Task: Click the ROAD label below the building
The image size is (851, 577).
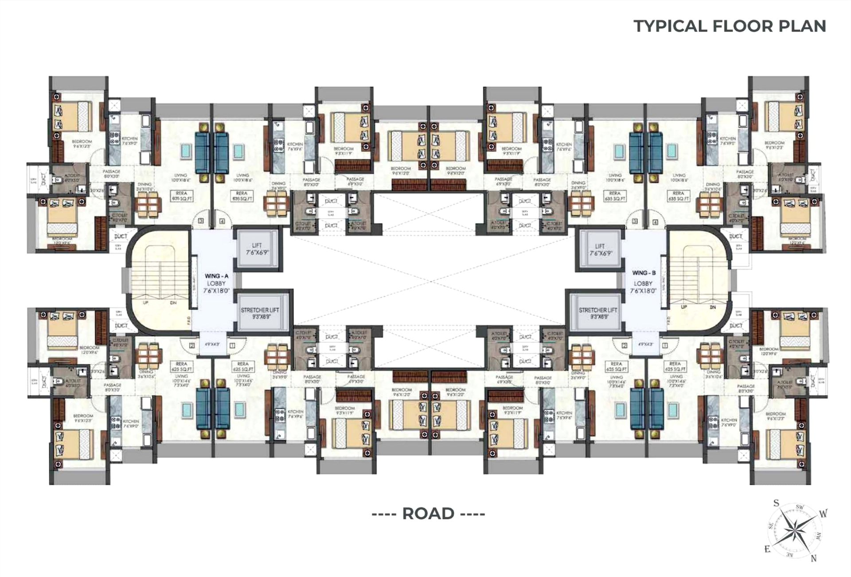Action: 428,514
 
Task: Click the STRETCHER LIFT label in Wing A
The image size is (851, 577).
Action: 260,310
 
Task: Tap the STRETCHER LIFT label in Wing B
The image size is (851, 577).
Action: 598,310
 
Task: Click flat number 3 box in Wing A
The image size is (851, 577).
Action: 201,221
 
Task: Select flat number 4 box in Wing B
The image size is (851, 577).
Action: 655,222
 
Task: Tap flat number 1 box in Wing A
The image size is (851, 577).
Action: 232,345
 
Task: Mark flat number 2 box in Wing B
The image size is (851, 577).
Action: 625,345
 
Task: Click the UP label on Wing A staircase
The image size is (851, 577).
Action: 145,303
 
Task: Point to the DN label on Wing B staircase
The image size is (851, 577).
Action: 713,307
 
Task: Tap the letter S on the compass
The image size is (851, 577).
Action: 776,503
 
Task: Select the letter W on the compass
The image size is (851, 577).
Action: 823,514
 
